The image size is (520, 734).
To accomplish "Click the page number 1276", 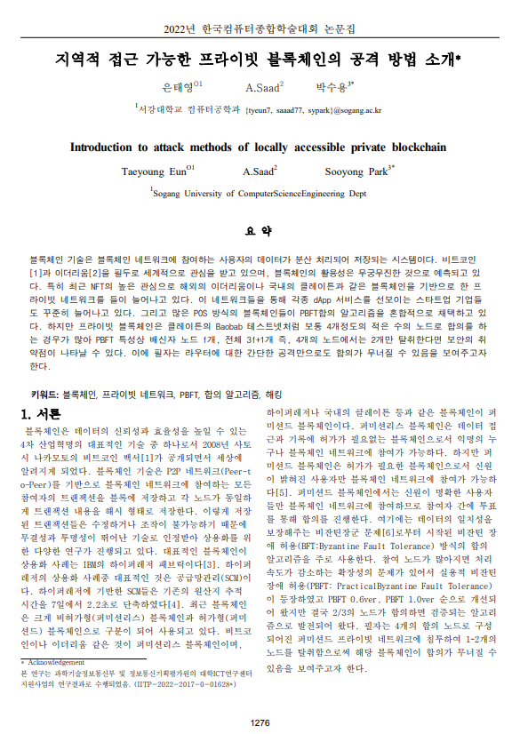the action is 260,722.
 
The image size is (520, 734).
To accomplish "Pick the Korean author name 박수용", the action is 332,87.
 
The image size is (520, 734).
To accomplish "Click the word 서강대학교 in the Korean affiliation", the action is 159,110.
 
